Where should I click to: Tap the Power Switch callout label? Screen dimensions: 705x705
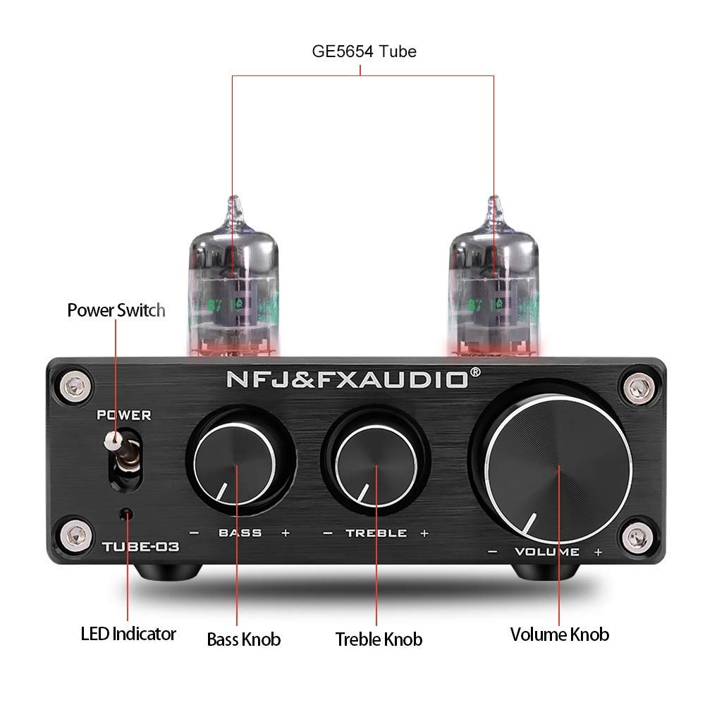click(x=116, y=310)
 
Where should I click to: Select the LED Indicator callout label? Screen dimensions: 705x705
click(x=128, y=634)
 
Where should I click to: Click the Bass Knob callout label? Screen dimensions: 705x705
click(x=243, y=639)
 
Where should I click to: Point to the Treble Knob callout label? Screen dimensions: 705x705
click(x=379, y=639)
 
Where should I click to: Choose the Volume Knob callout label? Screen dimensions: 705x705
click(x=559, y=634)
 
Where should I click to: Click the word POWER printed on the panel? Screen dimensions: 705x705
click(x=124, y=415)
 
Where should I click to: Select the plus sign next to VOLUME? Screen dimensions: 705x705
click(x=598, y=552)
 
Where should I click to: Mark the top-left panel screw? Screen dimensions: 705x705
click(x=68, y=385)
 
